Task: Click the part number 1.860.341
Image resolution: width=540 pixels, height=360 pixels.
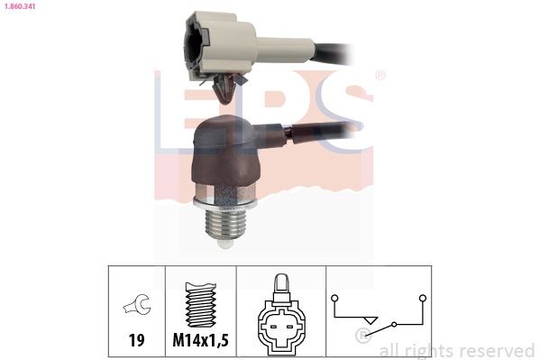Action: (x=21, y=6)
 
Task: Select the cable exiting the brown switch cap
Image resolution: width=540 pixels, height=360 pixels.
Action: (x=316, y=134)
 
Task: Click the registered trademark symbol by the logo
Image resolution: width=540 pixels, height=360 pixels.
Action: (x=380, y=75)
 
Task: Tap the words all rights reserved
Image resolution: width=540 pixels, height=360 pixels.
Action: (x=457, y=350)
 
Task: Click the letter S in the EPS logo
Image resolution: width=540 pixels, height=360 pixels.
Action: (x=343, y=113)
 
